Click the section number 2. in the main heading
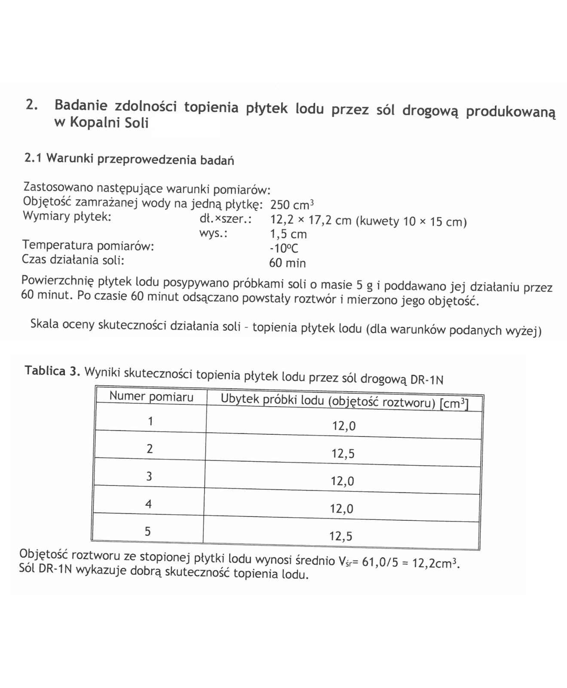[32, 104]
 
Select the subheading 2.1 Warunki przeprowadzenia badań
[129, 159]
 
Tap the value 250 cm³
[292, 205]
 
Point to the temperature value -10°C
[283, 249]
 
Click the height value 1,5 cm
[288, 234]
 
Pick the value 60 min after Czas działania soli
[287, 263]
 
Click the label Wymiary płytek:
[67, 216]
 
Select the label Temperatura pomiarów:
[88, 246]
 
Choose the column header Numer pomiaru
[151, 396]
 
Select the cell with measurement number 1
[150, 421]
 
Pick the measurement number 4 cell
[148, 504]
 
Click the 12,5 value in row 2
[343, 454]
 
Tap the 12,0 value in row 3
[342, 481]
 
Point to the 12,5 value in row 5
[341, 536]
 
